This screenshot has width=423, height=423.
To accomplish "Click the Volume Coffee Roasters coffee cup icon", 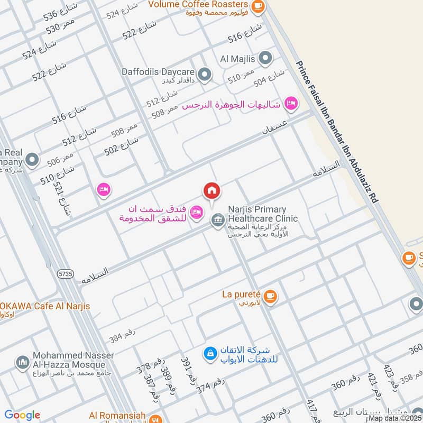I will tap(258, 6).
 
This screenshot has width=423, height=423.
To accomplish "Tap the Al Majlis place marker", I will tap(266, 57).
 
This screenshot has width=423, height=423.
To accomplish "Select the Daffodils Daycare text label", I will tap(158, 71).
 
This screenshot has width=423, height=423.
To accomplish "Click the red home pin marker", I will tap(212, 191).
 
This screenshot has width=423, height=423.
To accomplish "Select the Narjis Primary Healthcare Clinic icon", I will tap(217, 219).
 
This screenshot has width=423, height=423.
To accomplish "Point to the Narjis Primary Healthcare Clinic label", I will tap(263, 214).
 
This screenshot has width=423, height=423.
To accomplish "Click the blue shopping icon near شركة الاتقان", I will tap(210, 353).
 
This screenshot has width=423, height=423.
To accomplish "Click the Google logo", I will tap(22, 415).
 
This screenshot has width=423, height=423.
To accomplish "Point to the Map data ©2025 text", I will tap(394, 418).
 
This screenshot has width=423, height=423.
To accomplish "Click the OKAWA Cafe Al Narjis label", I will tap(45, 306).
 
